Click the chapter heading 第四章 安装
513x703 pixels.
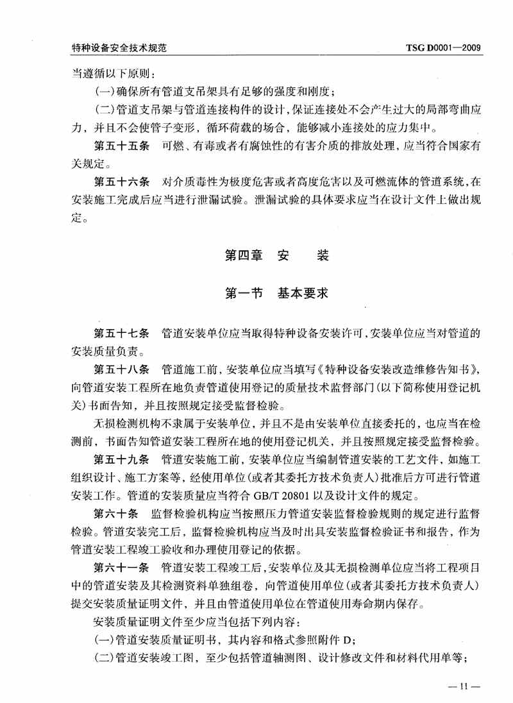click(x=276, y=255)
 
